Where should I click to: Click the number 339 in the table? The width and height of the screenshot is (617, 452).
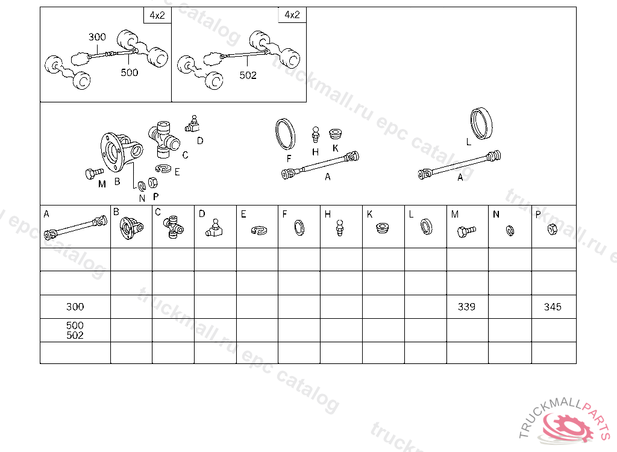[466, 307]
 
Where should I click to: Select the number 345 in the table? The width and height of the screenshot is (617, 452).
[553, 307]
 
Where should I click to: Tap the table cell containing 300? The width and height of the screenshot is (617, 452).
[75, 307]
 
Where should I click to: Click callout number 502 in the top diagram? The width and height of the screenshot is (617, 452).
[248, 75]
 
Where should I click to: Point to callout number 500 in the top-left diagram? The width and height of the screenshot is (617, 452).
[130, 72]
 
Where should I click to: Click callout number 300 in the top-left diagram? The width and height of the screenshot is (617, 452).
[97, 37]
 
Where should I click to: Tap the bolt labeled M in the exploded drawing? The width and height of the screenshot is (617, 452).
[94, 173]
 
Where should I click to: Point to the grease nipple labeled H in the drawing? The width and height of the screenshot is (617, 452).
[315, 134]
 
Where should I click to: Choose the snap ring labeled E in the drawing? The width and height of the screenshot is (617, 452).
[163, 169]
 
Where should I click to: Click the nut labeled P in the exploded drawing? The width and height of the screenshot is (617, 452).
[152, 183]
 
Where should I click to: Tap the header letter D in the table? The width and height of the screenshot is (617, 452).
[202, 214]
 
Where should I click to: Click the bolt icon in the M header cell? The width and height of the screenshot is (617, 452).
[467, 231]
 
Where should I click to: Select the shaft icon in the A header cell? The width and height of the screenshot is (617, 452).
[75, 228]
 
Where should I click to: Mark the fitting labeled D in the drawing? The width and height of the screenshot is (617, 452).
[192, 124]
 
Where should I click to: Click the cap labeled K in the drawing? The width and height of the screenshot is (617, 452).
[335, 133]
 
